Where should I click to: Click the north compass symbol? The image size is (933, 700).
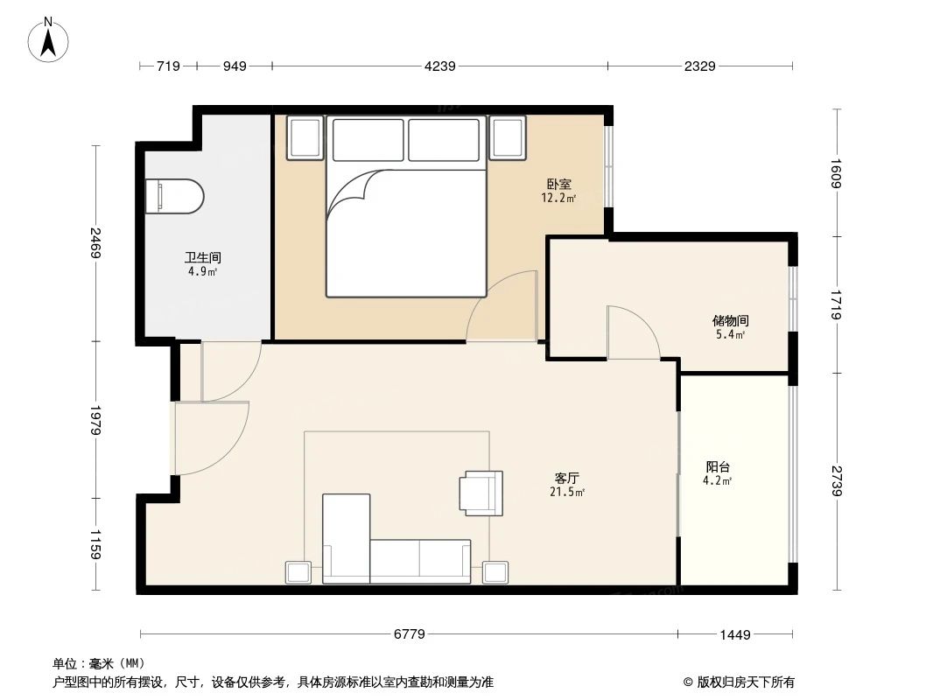pyautogui.click(x=50, y=40)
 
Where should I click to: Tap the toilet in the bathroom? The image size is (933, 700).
pyautogui.click(x=175, y=196)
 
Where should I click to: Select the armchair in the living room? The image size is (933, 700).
pyautogui.click(x=481, y=492)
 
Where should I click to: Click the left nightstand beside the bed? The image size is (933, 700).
pyautogui.click(x=305, y=137)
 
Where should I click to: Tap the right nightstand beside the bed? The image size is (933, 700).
pyautogui.click(x=509, y=137)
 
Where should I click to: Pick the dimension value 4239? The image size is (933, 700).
pyautogui.click(x=439, y=66)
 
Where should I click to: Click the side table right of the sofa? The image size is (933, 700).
pyautogui.click(x=495, y=572)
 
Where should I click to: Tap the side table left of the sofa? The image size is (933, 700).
pyautogui.click(x=298, y=572)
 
